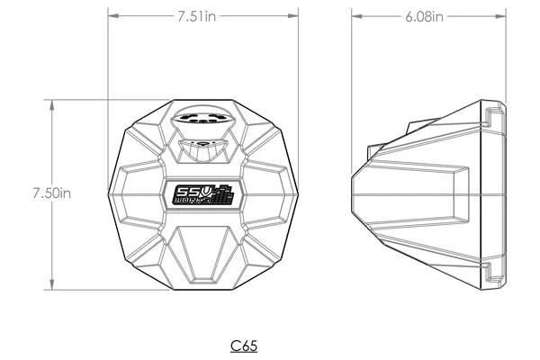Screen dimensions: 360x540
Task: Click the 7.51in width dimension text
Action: click(x=203, y=15)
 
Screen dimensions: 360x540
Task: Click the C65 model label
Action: click(x=246, y=345)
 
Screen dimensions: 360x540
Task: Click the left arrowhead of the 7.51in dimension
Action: click(x=112, y=15)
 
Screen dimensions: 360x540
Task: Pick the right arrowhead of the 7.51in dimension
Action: click(x=295, y=15)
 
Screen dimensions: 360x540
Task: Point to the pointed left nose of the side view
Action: click(x=353, y=192)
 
